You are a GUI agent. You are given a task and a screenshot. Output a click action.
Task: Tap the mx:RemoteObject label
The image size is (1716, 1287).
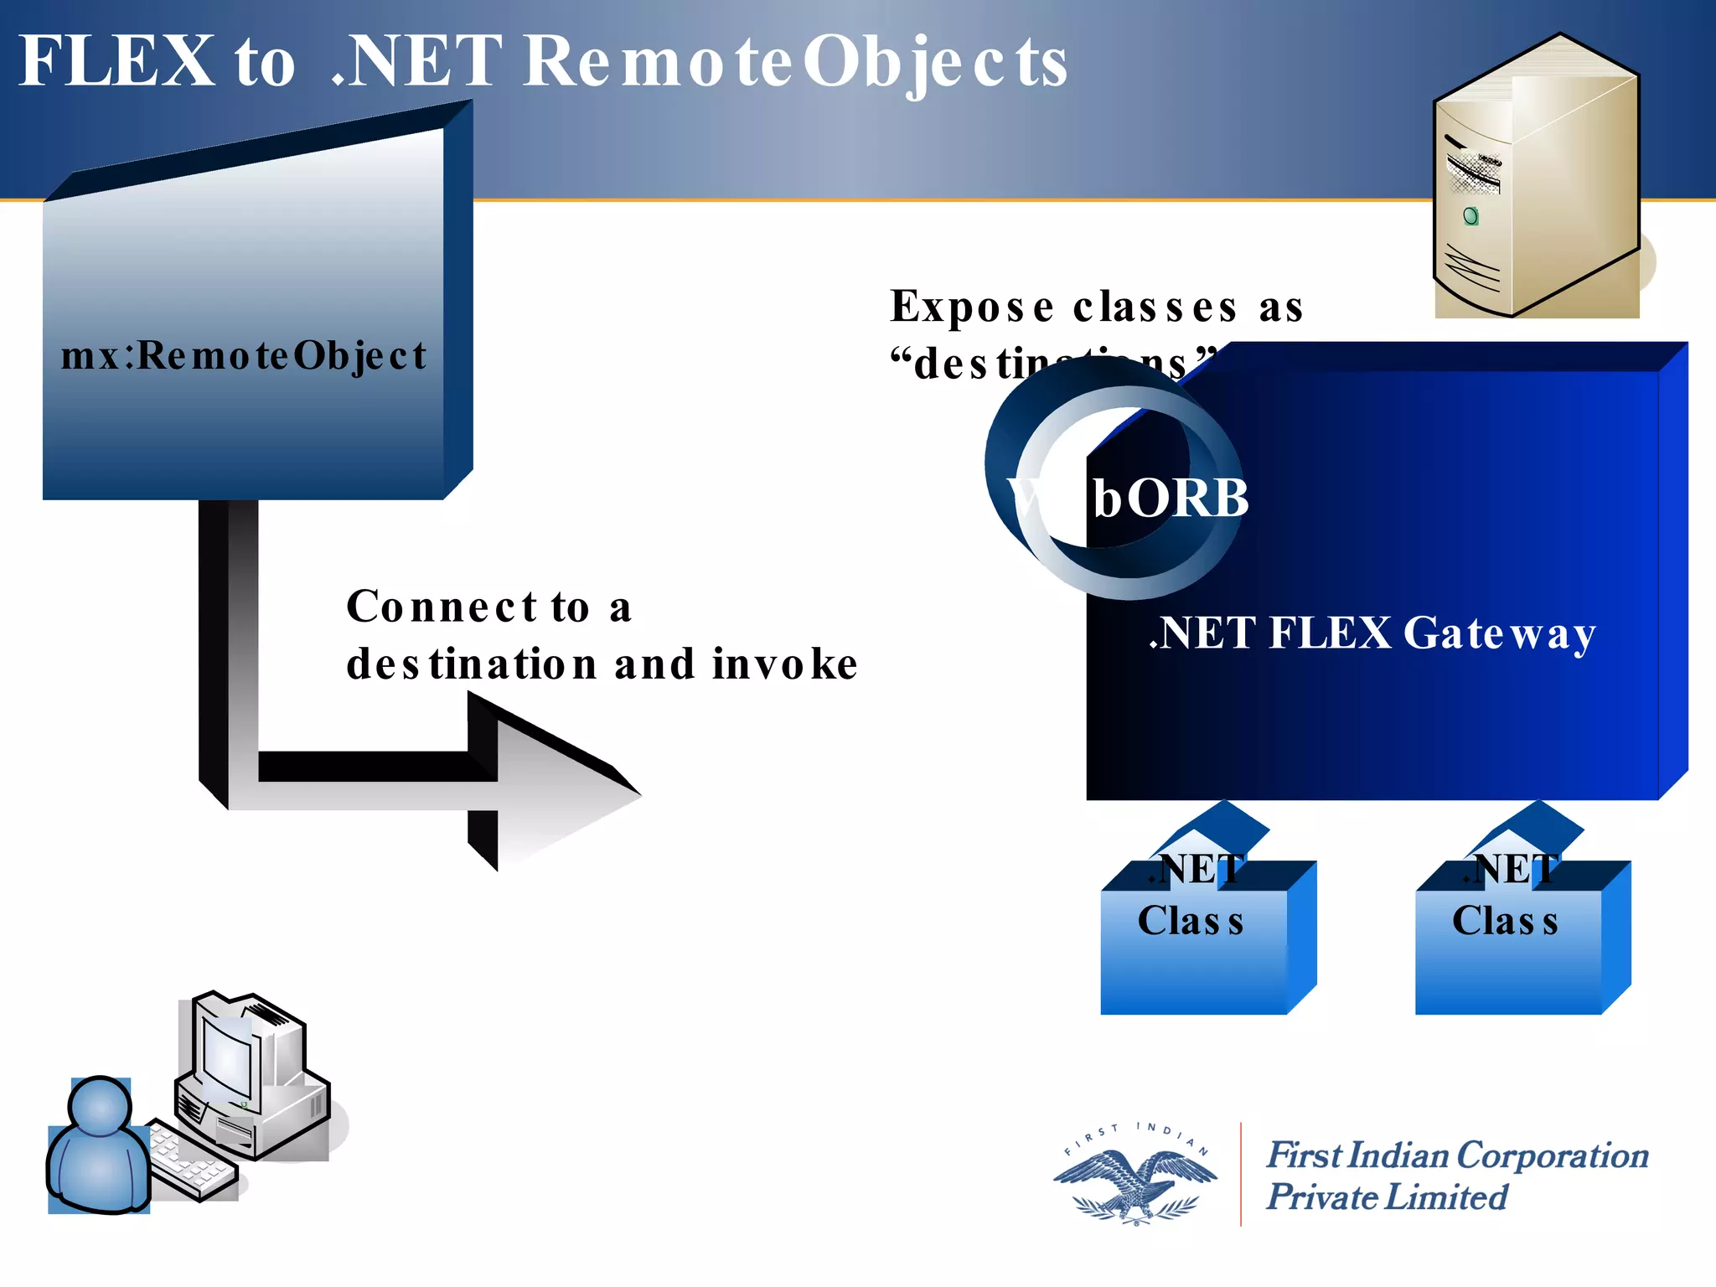pos(243,356)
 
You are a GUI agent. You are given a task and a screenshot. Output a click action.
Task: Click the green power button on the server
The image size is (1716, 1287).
pos(1470,217)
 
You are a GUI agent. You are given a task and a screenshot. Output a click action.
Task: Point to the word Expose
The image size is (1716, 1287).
pos(972,307)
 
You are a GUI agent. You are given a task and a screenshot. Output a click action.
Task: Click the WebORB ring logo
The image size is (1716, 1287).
pos(1114,494)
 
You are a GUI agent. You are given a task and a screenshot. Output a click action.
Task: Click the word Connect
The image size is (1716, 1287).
pos(442,607)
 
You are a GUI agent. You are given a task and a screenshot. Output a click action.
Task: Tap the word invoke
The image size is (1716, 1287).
pos(785,664)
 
